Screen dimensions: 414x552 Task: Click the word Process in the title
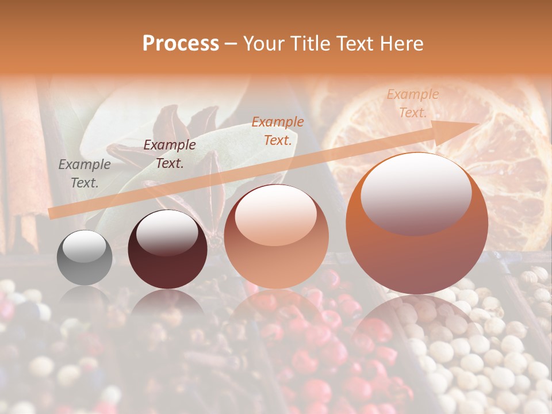pyautogui.click(x=181, y=44)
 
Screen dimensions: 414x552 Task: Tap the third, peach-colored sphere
pyautogui.click(x=276, y=253)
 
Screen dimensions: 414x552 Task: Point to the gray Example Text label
pyautogui.click(x=85, y=174)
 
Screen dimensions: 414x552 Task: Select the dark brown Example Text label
pyautogui.click(x=170, y=154)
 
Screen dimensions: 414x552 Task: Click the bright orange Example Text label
pyautogui.click(x=278, y=131)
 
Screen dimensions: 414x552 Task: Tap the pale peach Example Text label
pyautogui.click(x=413, y=103)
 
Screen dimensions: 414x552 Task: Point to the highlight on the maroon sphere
pyautogui.click(x=167, y=233)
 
